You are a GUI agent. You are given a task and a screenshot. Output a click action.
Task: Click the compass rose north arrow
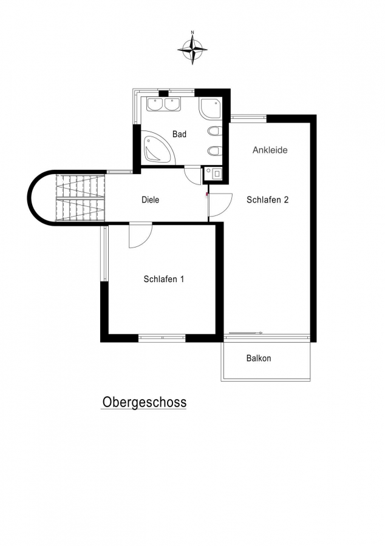coord(192,48)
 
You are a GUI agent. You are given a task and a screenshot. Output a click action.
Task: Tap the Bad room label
coord(179,134)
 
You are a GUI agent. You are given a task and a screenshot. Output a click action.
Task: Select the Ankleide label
coord(270,150)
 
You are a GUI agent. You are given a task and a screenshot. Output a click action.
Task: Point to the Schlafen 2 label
coord(268,200)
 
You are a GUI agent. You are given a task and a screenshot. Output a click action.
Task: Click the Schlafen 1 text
coord(164,279)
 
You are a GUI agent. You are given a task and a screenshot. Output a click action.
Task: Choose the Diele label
coord(151,200)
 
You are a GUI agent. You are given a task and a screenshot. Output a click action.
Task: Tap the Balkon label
coord(259,359)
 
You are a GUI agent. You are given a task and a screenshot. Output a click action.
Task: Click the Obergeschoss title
coord(145,403)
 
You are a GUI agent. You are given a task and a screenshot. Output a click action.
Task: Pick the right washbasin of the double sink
coord(172,104)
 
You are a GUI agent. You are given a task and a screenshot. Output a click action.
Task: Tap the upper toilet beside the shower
coord(214,131)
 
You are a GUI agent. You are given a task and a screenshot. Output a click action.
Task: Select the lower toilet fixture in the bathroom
coord(214,151)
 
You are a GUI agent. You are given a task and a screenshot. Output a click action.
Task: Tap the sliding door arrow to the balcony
coord(245,333)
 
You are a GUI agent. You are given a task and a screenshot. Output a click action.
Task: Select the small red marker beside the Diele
coord(207,194)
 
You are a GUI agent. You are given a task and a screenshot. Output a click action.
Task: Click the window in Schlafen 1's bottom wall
coord(162,337)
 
